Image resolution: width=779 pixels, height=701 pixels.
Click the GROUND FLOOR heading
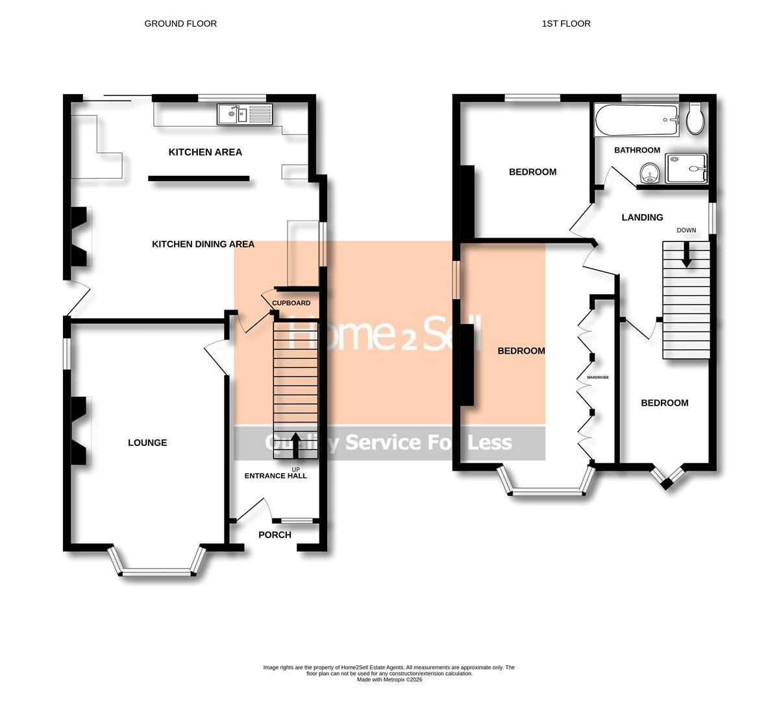(180, 23)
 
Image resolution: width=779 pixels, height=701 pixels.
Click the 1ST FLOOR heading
(566, 23)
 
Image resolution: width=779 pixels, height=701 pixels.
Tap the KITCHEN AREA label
(205, 152)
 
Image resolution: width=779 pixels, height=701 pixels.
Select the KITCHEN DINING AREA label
(203, 244)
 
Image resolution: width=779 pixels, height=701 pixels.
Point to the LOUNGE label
(147, 443)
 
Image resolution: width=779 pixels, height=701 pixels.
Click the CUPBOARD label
(291, 303)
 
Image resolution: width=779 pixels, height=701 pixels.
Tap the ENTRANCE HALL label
(275, 476)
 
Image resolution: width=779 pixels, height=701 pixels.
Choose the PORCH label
(275, 535)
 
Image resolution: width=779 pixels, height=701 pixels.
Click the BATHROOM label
(637, 150)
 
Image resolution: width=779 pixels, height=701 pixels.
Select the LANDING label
(642, 217)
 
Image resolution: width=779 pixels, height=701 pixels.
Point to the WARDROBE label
(598, 377)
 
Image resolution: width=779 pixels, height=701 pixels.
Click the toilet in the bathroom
(695, 117)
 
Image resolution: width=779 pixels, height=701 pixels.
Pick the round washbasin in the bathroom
(649, 174)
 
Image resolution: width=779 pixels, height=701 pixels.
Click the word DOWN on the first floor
(686, 230)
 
